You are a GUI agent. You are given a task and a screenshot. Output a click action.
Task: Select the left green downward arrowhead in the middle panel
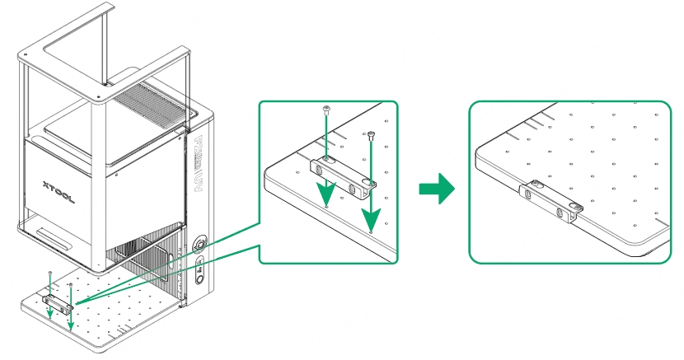pyautogui.click(x=327, y=197)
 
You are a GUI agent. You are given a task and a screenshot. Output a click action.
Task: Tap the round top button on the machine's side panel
pyautogui.click(x=199, y=245)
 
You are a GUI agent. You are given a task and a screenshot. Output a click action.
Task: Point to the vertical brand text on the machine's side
pyautogui.click(x=200, y=161)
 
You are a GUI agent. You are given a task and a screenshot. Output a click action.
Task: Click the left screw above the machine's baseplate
pyautogui.click(x=50, y=272)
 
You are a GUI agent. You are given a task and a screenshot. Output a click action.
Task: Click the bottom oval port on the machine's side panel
pyautogui.click(x=200, y=278)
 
